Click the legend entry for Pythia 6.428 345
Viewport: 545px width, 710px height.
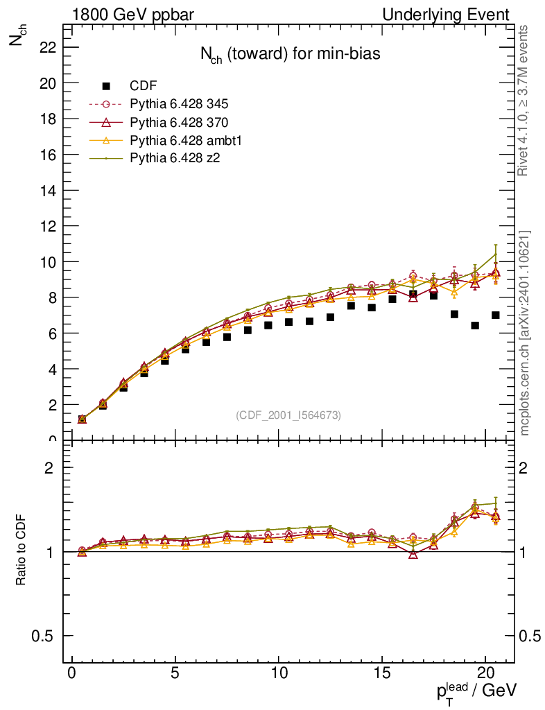click(179, 104)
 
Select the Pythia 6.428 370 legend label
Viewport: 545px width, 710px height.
click(179, 122)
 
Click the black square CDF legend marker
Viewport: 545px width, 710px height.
click(106, 86)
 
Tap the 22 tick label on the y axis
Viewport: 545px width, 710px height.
click(48, 47)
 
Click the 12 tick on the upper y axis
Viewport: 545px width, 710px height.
click(48, 226)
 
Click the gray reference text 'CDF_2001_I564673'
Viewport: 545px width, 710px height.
click(288, 415)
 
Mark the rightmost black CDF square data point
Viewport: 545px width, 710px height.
click(496, 315)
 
